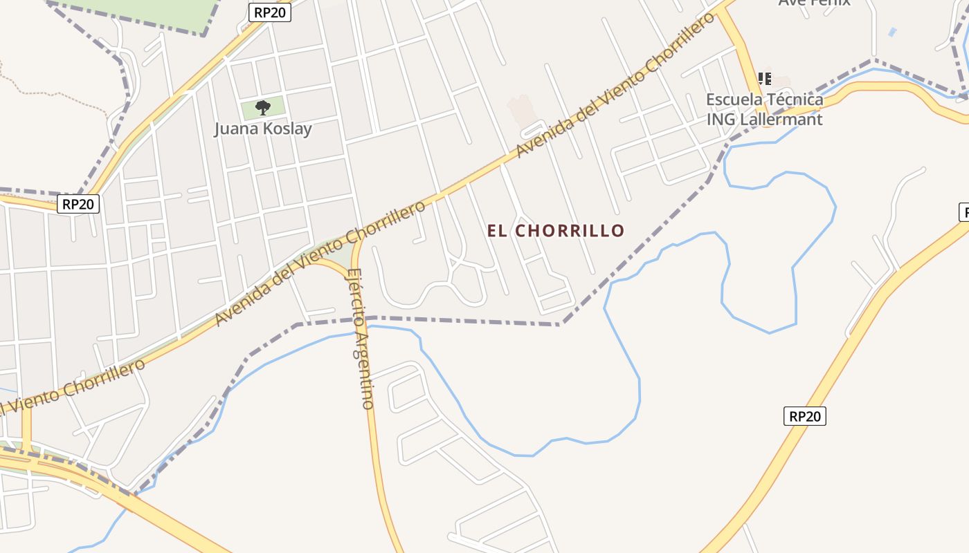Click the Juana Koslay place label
point(262,129)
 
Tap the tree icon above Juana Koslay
point(262,107)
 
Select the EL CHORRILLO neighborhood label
point(556,231)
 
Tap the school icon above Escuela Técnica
point(765,78)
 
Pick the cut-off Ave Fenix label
point(814,3)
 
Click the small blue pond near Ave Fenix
point(892,32)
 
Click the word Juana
point(234,129)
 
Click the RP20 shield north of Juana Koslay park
point(270,12)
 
